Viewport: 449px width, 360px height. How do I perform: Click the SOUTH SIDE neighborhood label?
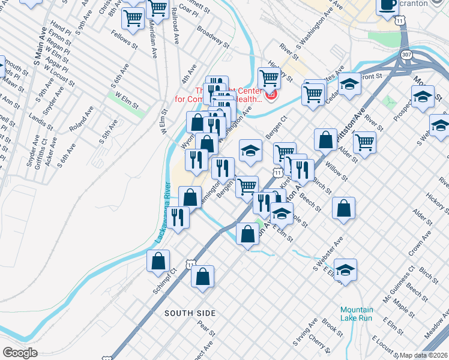tap(190, 313)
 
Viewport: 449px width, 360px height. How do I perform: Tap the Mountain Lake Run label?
tap(356, 314)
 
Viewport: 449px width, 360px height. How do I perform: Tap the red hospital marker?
tap(270, 94)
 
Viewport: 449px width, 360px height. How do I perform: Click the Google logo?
tap(20, 353)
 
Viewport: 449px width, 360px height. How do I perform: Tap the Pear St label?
tap(206, 328)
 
